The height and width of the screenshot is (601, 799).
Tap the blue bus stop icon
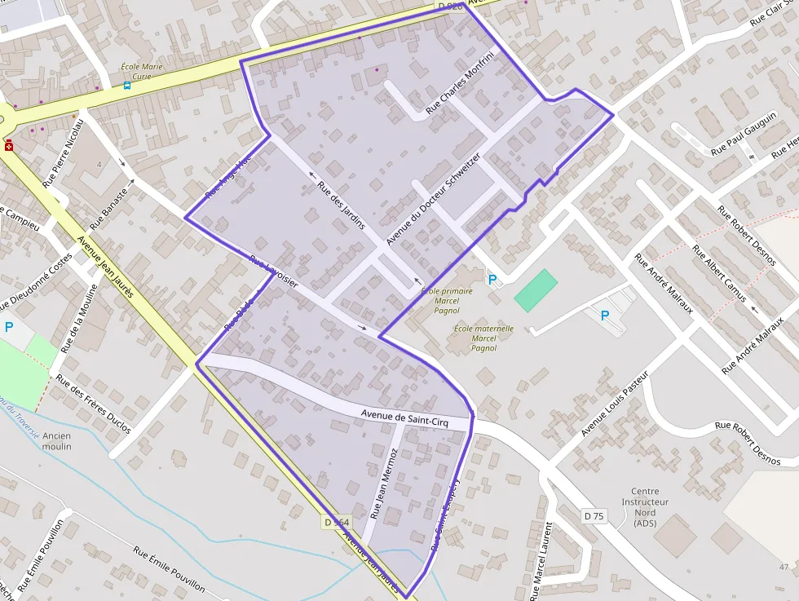[x=126, y=85]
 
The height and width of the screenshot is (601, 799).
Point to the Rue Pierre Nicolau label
[x=64, y=152]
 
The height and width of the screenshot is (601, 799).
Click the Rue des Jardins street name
[x=341, y=204]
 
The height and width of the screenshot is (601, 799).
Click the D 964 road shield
[x=336, y=523]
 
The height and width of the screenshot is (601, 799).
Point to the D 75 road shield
[x=594, y=515]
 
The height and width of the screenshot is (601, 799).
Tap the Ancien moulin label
[x=57, y=441]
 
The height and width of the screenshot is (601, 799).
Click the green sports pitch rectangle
[x=536, y=290]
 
